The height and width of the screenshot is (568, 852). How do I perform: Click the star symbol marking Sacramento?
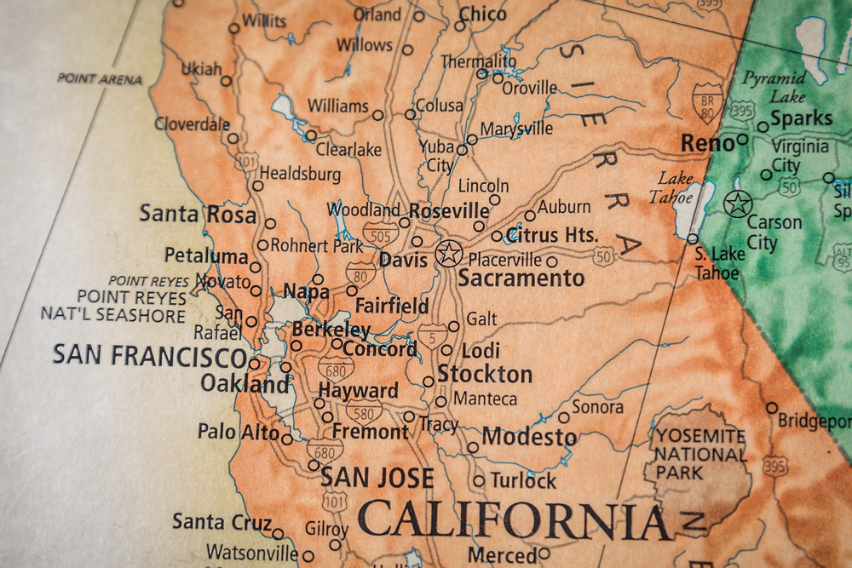pos(448,253)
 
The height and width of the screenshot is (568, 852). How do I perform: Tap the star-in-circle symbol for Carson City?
pos(738,204)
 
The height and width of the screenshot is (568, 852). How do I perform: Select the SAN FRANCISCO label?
pos(149,355)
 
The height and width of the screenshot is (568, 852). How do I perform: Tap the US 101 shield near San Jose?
pos(335,501)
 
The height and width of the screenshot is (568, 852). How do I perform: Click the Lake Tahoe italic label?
pos(674,187)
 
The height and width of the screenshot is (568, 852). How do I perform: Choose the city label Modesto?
pos(529,437)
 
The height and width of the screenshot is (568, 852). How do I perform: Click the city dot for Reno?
pos(743,139)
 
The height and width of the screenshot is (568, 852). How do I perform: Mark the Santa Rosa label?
pos(198,214)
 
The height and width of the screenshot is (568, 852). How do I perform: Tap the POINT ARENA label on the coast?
pos(100,78)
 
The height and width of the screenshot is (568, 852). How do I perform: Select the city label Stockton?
pos(485,374)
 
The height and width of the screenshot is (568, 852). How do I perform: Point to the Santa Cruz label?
pos(222,521)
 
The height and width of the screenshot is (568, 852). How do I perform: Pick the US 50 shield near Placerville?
pos(604,255)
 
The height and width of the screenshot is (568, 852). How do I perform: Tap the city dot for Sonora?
pos(563,417)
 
